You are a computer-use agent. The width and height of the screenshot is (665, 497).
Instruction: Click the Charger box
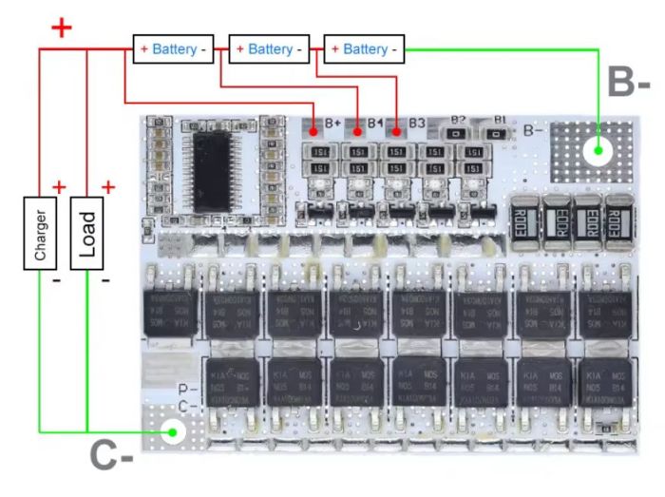tap(39, 233)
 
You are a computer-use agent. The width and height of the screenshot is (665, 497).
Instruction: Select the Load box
tap(87, 233)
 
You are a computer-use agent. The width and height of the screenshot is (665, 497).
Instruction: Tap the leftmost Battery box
tap(171, 48)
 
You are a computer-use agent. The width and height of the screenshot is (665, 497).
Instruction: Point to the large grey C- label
tap(112, 458)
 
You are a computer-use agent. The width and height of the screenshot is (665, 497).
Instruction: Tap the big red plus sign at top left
tap(61, 27)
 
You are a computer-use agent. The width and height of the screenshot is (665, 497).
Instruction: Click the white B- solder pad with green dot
tap(598, 149)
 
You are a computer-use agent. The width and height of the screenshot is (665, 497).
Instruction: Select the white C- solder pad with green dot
tap(172, 432)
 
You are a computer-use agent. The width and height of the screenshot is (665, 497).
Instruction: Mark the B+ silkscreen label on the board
tap(333, 124)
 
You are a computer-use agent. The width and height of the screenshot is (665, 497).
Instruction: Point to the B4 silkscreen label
tap(375, 124)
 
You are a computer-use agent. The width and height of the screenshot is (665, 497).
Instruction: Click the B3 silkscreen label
tap(417, 124)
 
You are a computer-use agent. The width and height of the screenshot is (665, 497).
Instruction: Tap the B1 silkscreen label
tap(500, 120)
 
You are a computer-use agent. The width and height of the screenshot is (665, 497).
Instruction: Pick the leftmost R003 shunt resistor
tap(523, 221)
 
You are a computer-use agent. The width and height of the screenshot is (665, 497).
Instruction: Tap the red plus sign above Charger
tap(59, 186)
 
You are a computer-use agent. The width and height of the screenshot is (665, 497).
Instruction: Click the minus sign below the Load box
tap(104, 280)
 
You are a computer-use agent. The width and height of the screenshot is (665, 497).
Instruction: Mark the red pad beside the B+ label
tap(314, 125)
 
